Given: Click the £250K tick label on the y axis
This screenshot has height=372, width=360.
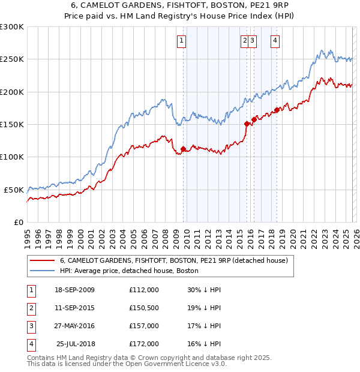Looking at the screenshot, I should (x=12, y=59).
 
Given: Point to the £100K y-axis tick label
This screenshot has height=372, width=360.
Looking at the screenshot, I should (x=12, y=157).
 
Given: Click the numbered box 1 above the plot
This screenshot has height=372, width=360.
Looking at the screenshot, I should (x=182, y=41).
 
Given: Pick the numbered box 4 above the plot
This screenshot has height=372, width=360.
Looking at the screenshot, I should (x=275, y=41).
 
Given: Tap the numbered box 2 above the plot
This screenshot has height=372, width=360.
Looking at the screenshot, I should (x=245, y=41).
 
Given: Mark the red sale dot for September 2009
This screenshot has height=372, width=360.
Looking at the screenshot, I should (x=183, y=149).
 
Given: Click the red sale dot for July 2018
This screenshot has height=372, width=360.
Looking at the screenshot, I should (x=277, y=110).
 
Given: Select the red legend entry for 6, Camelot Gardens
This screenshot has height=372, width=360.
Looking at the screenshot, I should (x=174, y=260).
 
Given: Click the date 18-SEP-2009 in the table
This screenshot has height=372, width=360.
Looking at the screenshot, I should (x=74, y=290).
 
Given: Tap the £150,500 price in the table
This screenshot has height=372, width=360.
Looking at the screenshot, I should (x=144, y=308).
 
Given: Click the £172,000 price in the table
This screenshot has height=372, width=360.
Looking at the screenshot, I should (x=144, y=344).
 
